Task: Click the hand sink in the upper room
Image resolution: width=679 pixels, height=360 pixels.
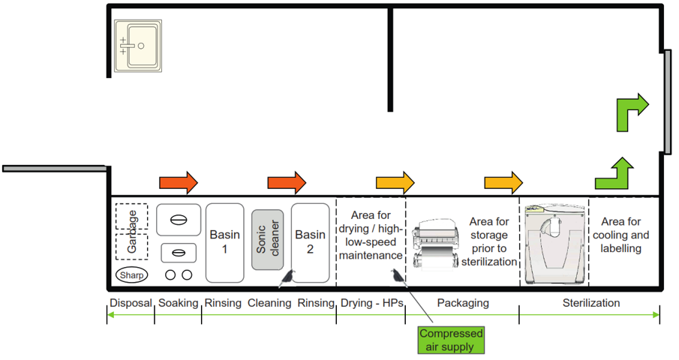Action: coord(137,46)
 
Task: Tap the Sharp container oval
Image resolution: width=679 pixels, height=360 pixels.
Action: coord(132,275)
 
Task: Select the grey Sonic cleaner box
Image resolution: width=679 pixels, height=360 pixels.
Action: coord(267,239)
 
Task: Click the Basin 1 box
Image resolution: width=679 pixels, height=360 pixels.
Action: coord(224,242)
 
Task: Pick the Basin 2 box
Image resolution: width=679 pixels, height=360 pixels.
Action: coord(310,242)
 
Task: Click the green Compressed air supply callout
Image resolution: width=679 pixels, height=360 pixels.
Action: coord(451,340)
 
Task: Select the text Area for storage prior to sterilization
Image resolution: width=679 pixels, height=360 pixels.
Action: coord(488,241)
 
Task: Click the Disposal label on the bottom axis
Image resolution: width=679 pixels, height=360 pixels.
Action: coord(131,303)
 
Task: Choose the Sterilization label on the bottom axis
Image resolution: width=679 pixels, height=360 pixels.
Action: coord(591,303)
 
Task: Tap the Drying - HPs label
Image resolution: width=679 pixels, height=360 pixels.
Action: coord(372,303)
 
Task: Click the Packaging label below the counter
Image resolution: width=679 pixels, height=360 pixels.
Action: coord(463,303)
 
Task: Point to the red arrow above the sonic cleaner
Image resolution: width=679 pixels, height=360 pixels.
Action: coord(287,182)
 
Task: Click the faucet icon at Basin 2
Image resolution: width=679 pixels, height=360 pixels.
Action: coord(287,278)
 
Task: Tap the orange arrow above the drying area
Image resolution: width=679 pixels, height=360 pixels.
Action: coord(395,182)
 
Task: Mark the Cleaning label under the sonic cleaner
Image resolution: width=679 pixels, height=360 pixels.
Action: coord(269,303)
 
